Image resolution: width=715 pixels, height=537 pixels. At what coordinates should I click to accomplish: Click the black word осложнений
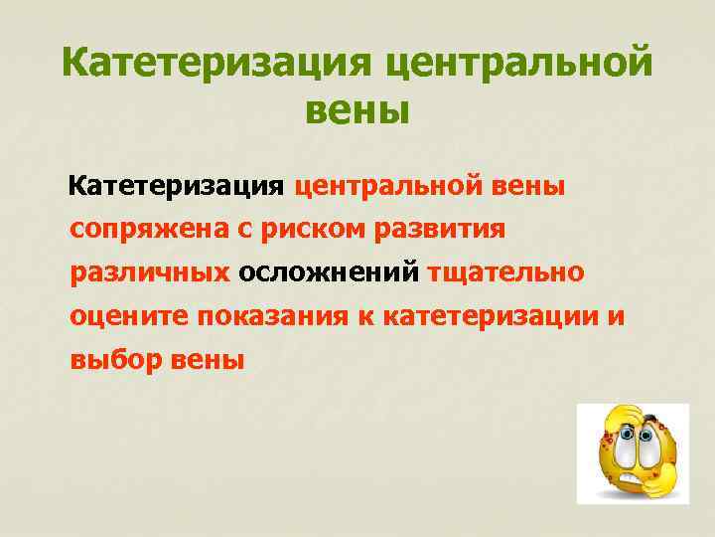(x=330, y=273)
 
